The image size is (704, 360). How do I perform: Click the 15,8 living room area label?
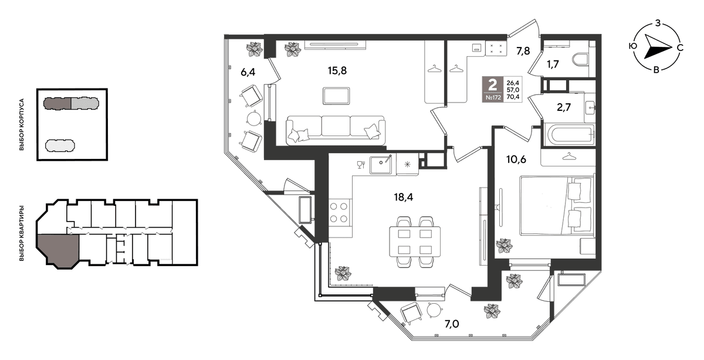(337, 71)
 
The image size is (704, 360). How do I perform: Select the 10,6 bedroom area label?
(516, 159)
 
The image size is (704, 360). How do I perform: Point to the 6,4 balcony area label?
(248, 72)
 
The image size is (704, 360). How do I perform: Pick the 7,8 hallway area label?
(523, 51)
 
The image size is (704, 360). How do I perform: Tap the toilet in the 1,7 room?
(580, 59)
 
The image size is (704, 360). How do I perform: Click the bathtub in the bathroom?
(568, 135)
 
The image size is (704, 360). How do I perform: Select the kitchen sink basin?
(380, 165)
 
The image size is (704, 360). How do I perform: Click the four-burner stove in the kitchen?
(339, 213)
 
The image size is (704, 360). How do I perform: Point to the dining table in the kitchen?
(415, 242)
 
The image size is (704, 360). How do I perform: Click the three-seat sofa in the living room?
(336, 130)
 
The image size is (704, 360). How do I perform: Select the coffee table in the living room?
(336, 96)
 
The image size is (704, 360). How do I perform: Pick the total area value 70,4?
(513, 97)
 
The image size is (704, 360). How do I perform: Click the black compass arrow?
(657, 46)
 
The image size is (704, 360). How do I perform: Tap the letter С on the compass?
(679, 47)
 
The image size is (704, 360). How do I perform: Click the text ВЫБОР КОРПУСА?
(21, 124)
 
